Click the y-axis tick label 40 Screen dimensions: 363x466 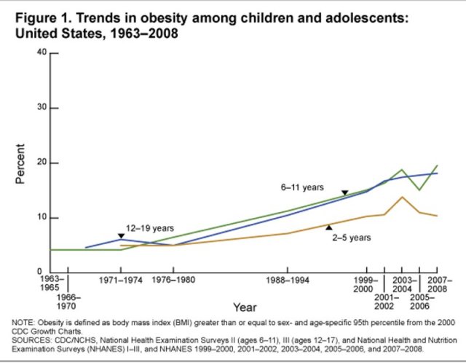(x=42, y=53)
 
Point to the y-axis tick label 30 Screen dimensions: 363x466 (x=42, y=108)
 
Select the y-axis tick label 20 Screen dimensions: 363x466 (x=42, y=163)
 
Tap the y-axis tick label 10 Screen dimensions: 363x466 (x=42, y=217)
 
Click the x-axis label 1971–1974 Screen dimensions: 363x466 (x=120, y=280)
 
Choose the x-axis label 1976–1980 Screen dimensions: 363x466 (x=173, y=280)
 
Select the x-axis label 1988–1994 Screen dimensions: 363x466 (x=288, y=280)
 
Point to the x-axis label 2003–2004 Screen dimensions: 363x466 (x=403, y=284)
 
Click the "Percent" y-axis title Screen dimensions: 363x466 (x=21, y=163)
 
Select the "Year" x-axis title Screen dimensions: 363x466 (x=245, y=308)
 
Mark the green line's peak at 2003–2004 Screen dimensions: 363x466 (x=403, y=169)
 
